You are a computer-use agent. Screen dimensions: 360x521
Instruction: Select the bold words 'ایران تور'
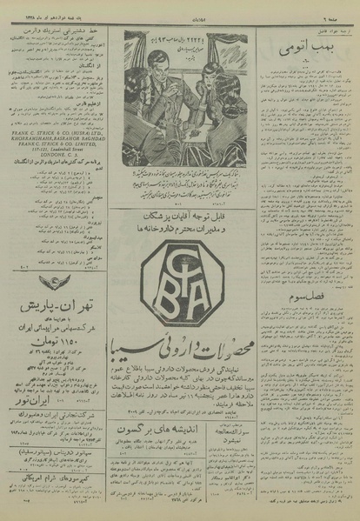pos(57,383)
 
